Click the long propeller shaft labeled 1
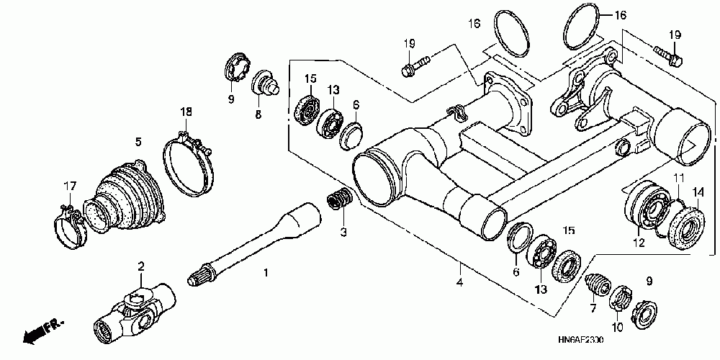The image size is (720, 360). click(x=259, y=238)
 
